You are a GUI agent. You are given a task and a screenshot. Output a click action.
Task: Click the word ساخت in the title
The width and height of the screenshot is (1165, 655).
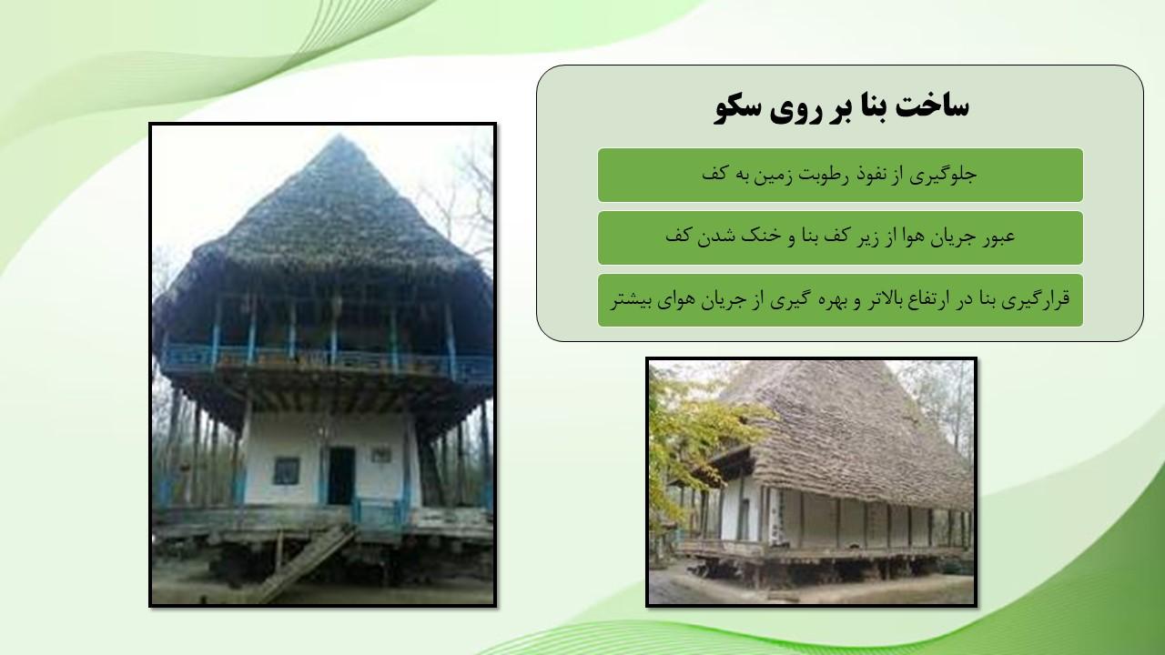tap(931, 107)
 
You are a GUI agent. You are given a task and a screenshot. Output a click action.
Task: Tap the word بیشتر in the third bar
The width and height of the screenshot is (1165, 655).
tap(631, 300)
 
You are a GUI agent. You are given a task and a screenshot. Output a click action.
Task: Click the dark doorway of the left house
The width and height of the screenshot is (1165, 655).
tap(341, 476)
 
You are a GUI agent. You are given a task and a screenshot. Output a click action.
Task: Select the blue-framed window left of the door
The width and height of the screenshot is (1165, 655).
tap(287, 470)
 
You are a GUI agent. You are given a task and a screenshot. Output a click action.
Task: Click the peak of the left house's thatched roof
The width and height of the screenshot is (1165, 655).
tap(339, 136)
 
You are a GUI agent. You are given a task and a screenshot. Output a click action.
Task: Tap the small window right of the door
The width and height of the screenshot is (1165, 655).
tap(380, 456)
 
